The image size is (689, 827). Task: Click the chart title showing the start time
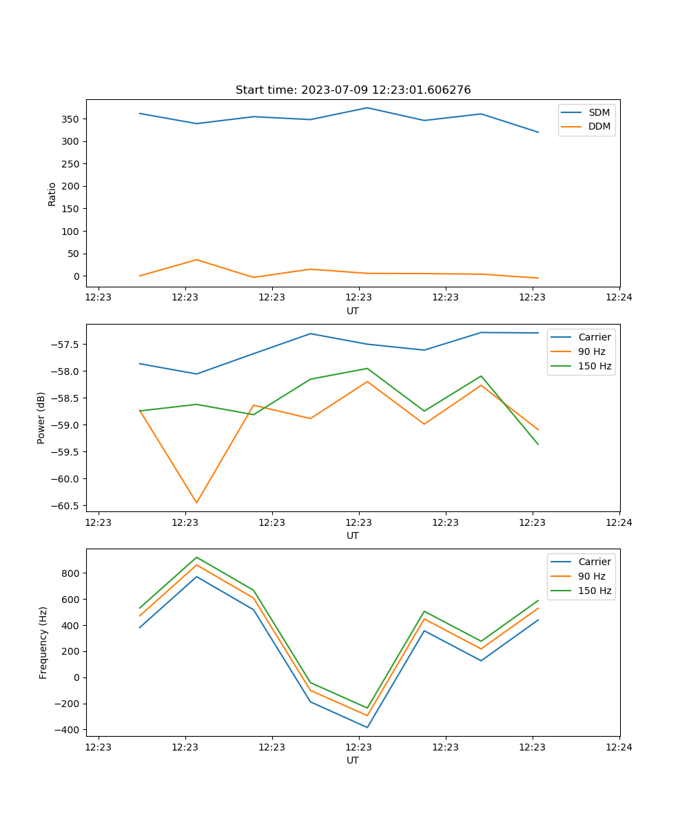tap(353, 90)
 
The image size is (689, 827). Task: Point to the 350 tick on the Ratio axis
tap(71, 119)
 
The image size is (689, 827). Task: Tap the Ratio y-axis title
tap(52, 194)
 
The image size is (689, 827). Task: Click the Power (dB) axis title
tap(41, 418)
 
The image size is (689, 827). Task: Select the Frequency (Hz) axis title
tap(43, 642)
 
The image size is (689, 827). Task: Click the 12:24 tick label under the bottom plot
tap(619, 747)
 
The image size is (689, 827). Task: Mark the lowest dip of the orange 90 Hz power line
tap(196, 502)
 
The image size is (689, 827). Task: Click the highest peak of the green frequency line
tap(196, 557)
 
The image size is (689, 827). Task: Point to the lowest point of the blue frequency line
tap(367, 727)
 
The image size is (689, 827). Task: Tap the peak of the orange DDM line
tap(196, 260)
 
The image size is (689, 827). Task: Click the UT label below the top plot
tap(353, 311)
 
